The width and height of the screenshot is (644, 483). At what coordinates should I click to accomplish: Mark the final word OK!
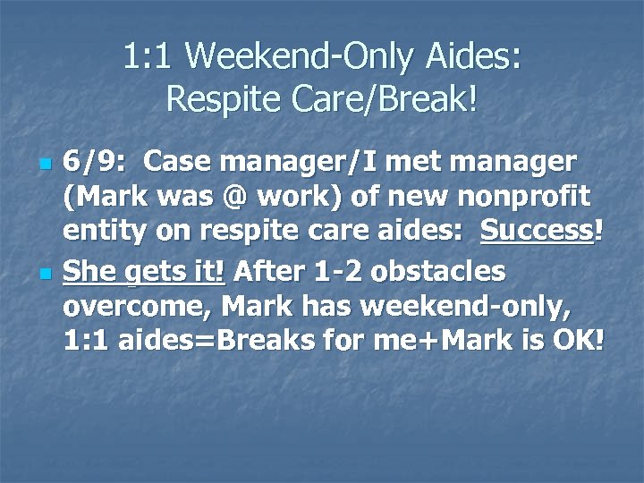580,340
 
